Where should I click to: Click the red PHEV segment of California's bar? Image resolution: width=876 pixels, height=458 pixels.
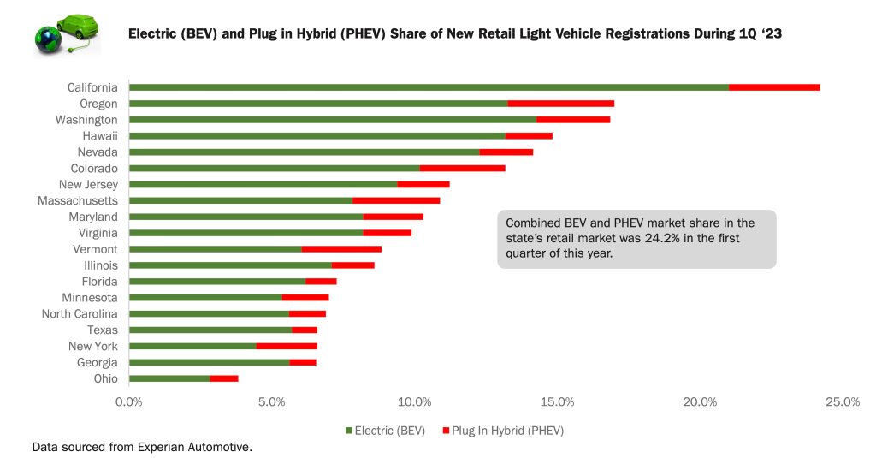click(x=774, y=87)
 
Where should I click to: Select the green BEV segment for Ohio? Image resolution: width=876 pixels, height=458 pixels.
click(x=169, y=378)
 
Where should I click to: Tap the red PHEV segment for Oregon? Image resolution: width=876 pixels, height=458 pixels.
click(x=560, y=104)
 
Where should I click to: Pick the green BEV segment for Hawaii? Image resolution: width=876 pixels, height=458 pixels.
click(x=317, y=135)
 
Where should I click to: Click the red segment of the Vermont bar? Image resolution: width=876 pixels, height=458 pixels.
click(x=341, y=249)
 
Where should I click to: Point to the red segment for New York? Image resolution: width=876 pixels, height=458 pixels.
click(x=287, y=346)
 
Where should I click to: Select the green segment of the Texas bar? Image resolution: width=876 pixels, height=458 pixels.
click(x=210, y=330)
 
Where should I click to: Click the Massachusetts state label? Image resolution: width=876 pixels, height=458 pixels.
click(x=78, y=200)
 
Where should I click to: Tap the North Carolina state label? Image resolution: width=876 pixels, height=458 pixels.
click(x=80, y=313)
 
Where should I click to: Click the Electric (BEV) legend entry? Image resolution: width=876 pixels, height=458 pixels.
click(x=385, y=431)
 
